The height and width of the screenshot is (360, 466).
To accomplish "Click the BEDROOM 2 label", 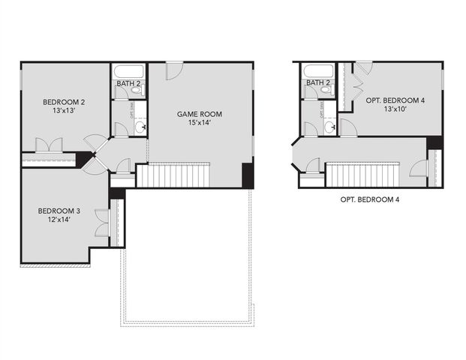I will [57, 101].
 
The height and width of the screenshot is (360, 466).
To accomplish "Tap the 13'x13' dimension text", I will [57, 111].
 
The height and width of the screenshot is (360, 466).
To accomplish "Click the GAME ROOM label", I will [199, 115].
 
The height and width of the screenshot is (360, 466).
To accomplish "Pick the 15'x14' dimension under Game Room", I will [199, 124].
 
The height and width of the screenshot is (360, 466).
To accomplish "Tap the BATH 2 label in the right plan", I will [318, 82].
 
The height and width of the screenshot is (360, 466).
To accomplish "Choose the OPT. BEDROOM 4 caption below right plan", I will [369, 199].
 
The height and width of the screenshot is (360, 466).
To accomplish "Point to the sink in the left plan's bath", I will [140, 127].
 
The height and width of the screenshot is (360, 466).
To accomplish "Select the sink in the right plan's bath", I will [330, 127].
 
